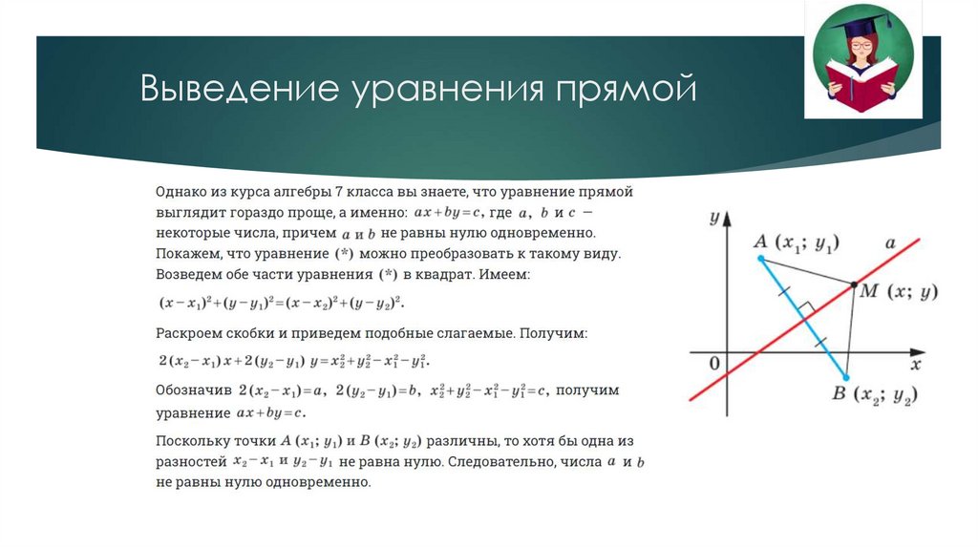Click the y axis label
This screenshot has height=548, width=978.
coord(713,218)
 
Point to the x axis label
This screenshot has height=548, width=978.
coord(915,364)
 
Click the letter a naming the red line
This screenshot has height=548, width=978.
coord(889,243)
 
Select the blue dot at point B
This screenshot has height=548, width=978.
coord(846,378)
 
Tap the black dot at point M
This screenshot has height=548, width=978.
coord(853,284)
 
